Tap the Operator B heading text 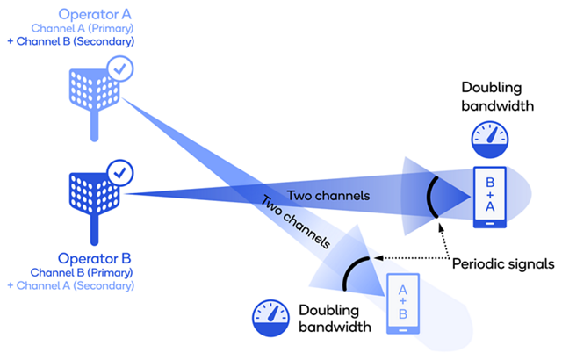tap(94, 259)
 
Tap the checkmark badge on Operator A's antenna tap(119, 67)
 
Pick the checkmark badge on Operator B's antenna tap(117, 170)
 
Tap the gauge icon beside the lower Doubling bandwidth tap(270, 317)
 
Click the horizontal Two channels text tap(323, 195)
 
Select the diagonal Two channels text tap(295, 224)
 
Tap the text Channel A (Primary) tap(94, 28)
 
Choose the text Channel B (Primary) tap(94, 272)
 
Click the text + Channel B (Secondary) tap(72, 40)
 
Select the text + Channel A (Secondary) tap(71, 285)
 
